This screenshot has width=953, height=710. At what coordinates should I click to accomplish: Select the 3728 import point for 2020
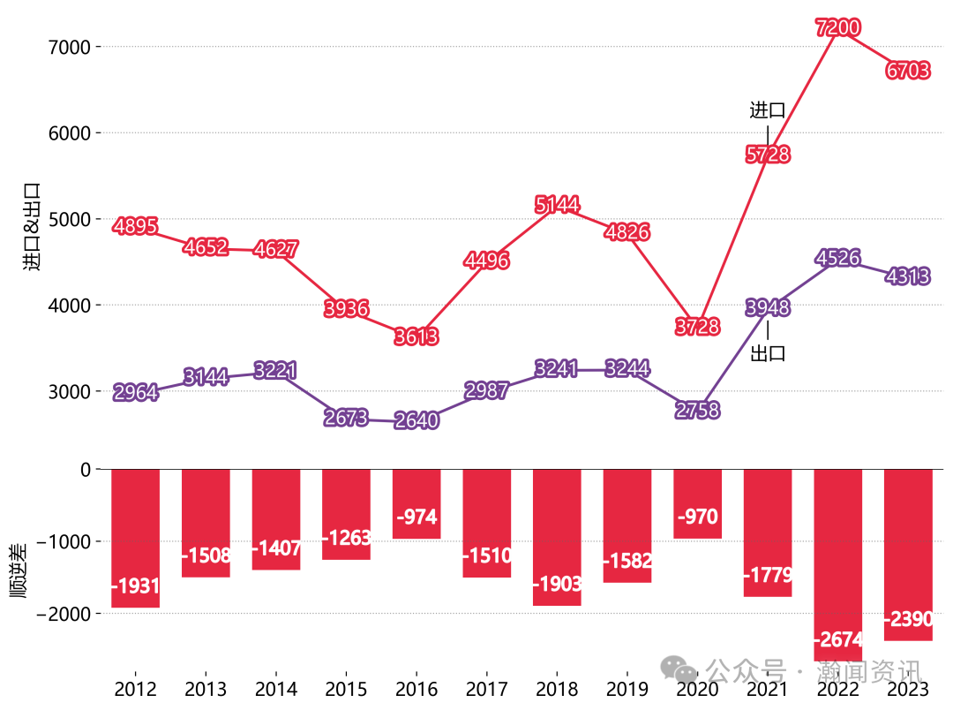pyautogui.click(x=697, y=328)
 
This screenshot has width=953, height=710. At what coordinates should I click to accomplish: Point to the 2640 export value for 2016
pyautogui.click(x=416, y=420)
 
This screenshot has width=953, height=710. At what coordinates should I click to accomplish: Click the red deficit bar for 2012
pyautogui.click(x=135, y=538)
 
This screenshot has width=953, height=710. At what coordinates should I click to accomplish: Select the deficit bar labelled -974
pyautogui.click(x=416, y=503)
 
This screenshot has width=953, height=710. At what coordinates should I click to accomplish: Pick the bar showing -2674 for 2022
pyautogui.click(x=837, y=565)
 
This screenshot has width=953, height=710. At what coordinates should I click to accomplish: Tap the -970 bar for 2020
pyautogui.click(x=697, y=503)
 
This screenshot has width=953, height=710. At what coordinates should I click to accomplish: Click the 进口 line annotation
pyautogui.click(x=767, y=110)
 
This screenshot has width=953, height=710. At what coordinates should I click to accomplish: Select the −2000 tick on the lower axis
pyautogui.click(x=62, y=613)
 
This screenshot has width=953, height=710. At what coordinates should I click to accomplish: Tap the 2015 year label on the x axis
pyautogui.click(x=346, y=689)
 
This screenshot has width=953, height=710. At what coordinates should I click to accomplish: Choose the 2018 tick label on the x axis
pyautogui.click(x=557, y=689)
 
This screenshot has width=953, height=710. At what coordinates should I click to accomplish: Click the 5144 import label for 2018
pyautogui.click(x=557, y=206)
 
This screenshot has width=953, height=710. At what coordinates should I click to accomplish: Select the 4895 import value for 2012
pyautogui.click(x=135, y=227)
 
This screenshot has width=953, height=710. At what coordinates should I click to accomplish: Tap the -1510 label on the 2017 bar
pyautogui.click(x=486, y=556)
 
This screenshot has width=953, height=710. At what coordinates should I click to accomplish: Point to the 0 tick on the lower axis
pyautogui.click(x=85, y=469)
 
